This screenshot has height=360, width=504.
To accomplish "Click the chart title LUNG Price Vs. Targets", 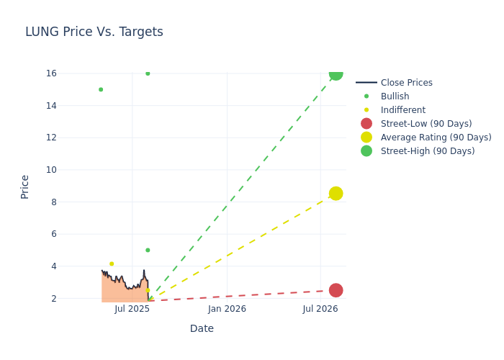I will [x=94, y=32].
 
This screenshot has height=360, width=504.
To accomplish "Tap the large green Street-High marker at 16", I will [x=336, y=73].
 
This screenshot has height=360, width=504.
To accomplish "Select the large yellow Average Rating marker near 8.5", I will [x=336, y=194].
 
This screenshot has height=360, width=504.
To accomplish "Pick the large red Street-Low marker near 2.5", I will [x=336, y=290].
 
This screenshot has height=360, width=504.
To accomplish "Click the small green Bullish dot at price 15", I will [x=101, y=89].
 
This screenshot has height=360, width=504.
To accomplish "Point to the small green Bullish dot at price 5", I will [x=148, y=251].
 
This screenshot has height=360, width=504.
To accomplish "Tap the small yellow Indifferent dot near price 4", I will [x=112, y=264].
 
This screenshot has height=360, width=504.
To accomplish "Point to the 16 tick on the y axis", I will [x=51, y=73].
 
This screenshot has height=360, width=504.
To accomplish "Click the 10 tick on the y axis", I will [x=51, y=170].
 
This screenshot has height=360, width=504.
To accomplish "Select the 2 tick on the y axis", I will [x=53, y=298].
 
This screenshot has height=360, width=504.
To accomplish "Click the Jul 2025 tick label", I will [x=132, y=309].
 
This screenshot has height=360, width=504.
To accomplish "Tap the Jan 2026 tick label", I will [x=227, y=309].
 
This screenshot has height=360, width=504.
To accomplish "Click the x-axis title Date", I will [x=202, y=329].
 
